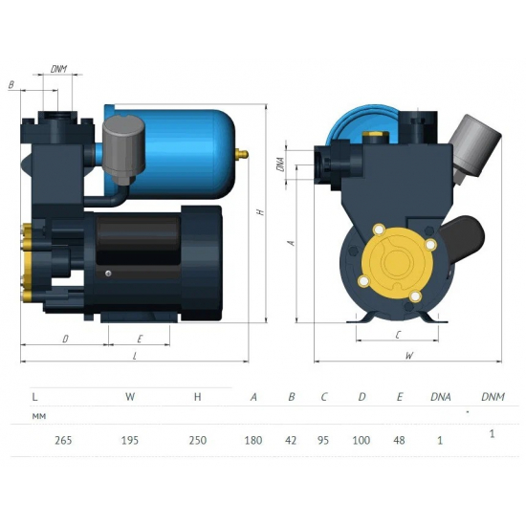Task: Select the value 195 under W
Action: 131,441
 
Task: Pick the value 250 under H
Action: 197,441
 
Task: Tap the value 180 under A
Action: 253,441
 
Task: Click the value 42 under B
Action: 291,441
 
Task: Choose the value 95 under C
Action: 325,441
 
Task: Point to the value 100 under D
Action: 362,441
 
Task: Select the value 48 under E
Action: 399,441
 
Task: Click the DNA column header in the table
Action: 440,395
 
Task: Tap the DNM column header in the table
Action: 492,395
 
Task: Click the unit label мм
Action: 38,416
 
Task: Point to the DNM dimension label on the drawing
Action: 58,69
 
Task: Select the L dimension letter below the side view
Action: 135,355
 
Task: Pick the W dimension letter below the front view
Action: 408,355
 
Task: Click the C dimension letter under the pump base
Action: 396,334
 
